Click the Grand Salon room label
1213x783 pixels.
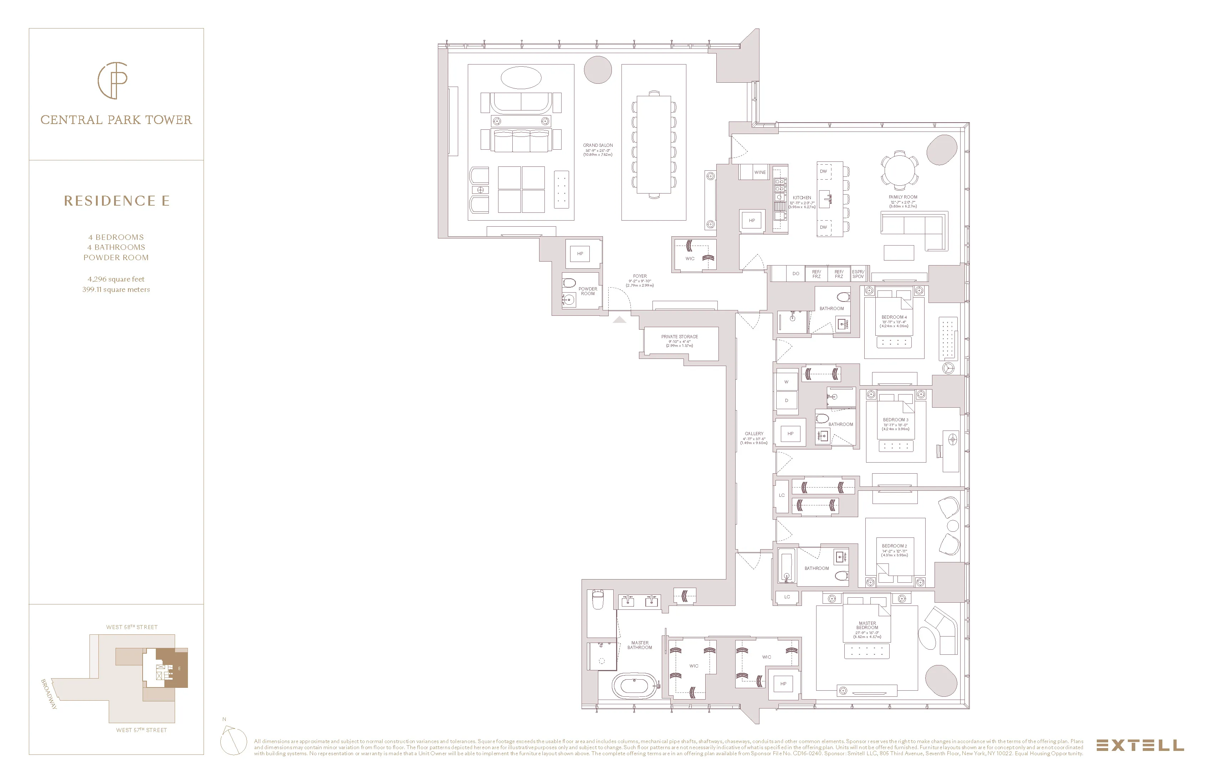coord(598,145)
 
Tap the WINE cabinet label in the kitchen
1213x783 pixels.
coord(760,172)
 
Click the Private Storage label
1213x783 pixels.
coord(680,336)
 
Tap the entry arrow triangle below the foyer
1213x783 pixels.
coord(619,320)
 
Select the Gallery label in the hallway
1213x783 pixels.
coord(754,434)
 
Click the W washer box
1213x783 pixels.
coord(786,382)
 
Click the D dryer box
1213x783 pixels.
coord(786,401)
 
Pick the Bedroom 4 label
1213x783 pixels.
coord(894,317)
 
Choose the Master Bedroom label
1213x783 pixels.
coord(867,625)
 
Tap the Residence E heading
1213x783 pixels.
coord(117,201)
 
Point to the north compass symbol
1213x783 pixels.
coord(232,740)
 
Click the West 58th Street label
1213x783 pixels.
coord(132,627)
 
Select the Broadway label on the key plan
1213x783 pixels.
coord(49,694)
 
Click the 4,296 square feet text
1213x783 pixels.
coord(116,279)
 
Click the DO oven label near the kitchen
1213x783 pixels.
coord(796,274)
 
